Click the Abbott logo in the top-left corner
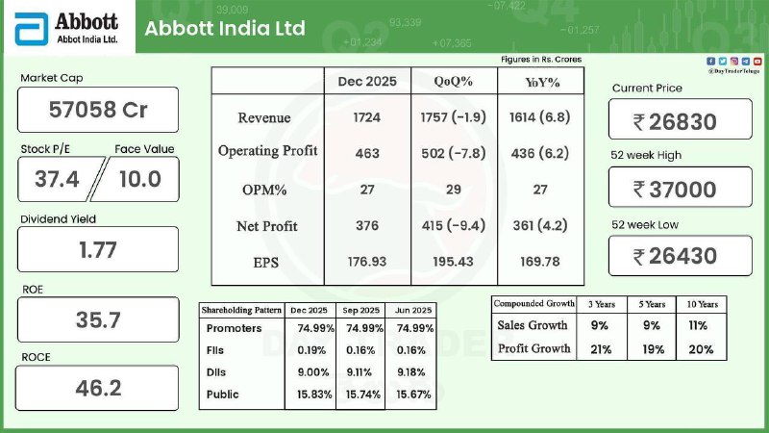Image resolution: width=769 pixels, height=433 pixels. click(65, 27)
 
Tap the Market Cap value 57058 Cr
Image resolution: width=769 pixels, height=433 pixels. click(98, 110)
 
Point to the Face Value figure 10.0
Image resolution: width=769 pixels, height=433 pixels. click(140, 178)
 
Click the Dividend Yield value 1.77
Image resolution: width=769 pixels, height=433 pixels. click(98, 250)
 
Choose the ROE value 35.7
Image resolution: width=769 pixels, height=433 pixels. click(98, 319)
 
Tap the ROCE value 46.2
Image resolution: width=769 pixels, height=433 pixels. click(98, 388)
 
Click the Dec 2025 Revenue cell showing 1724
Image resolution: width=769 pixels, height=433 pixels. click(366, 117)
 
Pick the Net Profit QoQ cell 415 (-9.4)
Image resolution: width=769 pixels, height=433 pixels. click(454, 226)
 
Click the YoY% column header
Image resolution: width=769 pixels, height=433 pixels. click(541, 82)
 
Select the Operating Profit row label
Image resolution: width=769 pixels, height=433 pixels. click(267, 152)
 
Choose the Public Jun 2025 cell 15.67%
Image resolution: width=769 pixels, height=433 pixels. click(410, 394)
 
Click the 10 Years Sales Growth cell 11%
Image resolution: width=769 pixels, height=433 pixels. click(702, 325)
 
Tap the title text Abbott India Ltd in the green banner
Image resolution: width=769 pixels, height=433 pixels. click(225, 28)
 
